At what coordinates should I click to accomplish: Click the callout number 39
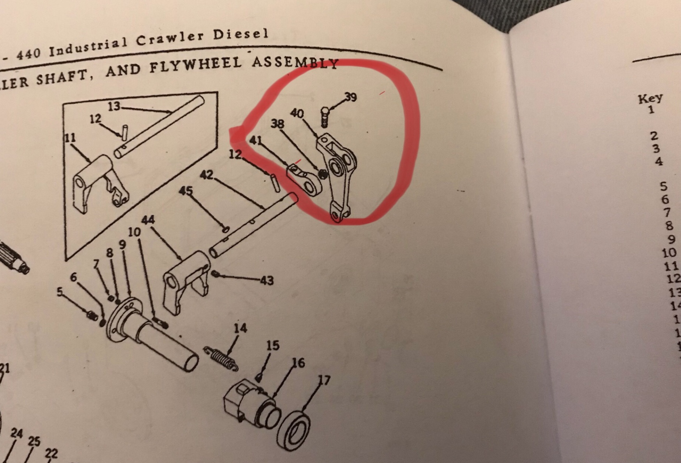[351, 97]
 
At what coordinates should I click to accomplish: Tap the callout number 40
[297, 113]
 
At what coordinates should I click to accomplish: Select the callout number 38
[277, 124]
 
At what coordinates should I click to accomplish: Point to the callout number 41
[255, 140]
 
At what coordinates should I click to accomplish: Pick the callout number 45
[186, 191]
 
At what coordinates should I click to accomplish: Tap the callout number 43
[267, 280]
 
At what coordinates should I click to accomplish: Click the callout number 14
[240, 328]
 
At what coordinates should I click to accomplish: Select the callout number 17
[324, 380]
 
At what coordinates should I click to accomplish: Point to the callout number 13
[114, 106]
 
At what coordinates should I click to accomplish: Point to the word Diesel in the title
[241, 34]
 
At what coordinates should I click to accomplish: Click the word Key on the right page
[650, 98]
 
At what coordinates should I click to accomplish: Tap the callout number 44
[148, 220]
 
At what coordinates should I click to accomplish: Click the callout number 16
[298, 363]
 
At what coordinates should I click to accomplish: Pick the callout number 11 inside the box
[71, 138]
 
